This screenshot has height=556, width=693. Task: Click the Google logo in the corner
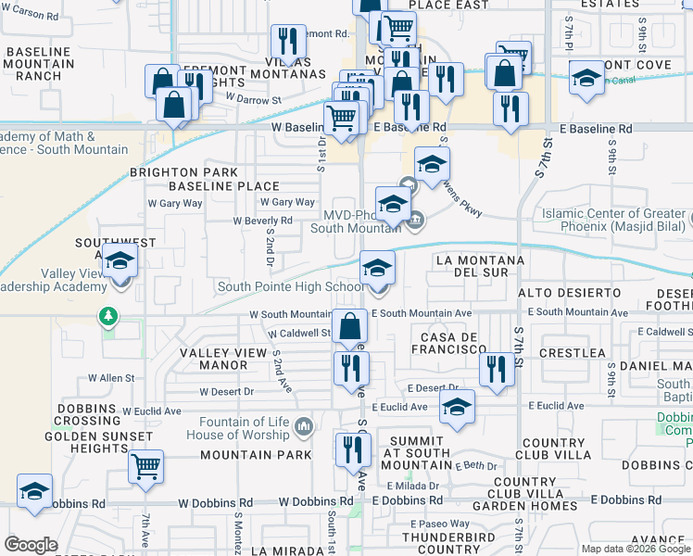[31, 544]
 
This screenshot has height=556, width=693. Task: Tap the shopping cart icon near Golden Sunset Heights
[146, 466]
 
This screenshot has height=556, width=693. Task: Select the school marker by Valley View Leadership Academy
[120, 262]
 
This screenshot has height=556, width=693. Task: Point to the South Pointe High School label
[290, 286]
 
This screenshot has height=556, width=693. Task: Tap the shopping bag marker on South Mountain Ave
[351, 326]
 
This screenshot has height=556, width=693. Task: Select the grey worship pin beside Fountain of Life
[302, 427]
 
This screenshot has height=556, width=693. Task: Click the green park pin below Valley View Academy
[110, 317]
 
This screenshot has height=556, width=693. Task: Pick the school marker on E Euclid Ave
[457, 407]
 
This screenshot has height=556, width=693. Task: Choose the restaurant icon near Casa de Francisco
[497, 369]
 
